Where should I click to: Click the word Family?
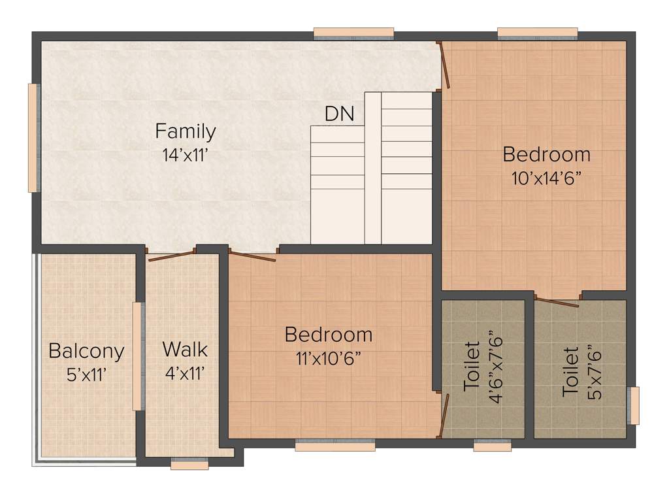[x=186, y=131]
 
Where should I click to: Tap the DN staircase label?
[x=340, y=114]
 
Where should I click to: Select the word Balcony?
[x=86, y=351]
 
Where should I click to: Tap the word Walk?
[x=185, y=349]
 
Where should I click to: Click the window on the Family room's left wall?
[x=33, y=137]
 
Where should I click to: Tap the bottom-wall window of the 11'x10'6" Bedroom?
[x=334, y=446]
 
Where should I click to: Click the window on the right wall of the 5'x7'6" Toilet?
[x=633, y=405]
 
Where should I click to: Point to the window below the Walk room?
[x=189, y=464]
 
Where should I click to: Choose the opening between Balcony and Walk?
[x=138, y=356]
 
